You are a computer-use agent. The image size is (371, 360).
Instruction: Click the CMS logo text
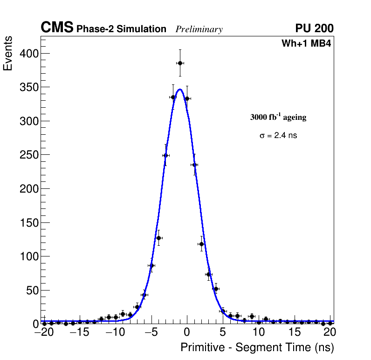coord(57,28)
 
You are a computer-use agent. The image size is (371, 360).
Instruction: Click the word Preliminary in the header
coord(199,29)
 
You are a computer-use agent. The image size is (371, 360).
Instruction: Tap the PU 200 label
coord(315,28)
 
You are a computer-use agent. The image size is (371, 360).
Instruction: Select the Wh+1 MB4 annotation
coord(306,44)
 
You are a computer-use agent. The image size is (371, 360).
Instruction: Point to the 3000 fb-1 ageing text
coord(278,118)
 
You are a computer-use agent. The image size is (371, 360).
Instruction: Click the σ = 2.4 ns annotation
coord(278,136)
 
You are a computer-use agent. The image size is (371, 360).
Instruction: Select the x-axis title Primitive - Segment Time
coord(257,347)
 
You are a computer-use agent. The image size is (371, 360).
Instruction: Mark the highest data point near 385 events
coord(180,63)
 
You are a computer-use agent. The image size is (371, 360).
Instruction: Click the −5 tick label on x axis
coord(151,332)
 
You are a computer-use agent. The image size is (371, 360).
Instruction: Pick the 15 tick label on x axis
coord(295,332)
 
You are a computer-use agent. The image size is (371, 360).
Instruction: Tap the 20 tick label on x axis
coord(330,332)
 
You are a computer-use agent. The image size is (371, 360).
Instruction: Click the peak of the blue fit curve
coord(180,89)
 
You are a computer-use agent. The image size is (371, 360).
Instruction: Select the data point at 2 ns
coord(201,244)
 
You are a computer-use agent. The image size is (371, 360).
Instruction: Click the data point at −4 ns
coord(158,238)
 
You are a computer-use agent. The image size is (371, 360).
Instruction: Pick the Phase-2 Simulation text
coord(121,29)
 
